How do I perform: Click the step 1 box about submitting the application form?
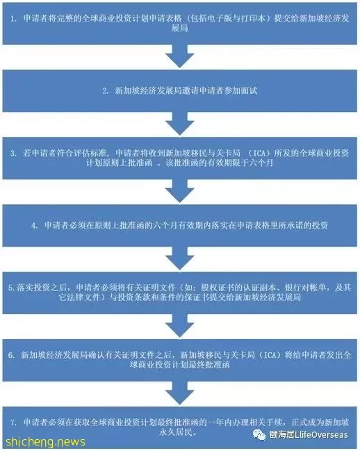[180, 24]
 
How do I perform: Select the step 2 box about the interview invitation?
[180, 91]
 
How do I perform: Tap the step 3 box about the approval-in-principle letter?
[180, 158]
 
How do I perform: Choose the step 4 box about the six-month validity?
[180, 225]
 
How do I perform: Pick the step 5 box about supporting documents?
[180, 293]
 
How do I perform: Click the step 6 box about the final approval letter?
[180, 360]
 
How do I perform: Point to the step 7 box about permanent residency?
[180, 427]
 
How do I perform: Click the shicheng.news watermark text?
[45, 442]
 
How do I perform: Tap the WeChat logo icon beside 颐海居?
[259, 435]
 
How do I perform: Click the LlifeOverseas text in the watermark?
[322, 434]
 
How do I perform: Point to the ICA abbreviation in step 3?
[259, 154]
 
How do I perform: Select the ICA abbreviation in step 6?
[270, 355]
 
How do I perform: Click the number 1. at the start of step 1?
[13, 19]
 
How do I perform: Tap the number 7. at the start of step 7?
[13, 423]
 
